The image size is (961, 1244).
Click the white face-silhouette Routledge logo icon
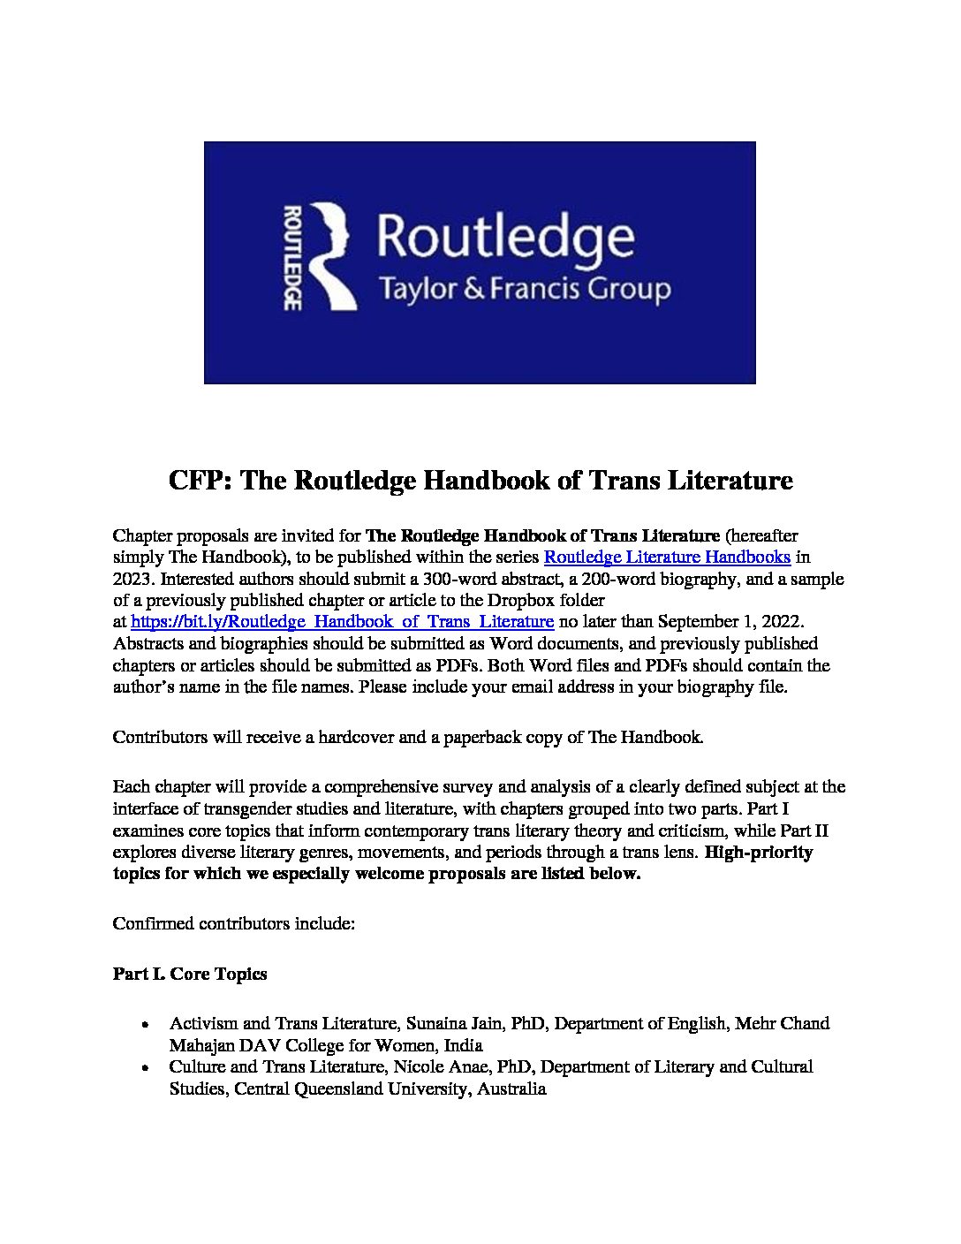331,256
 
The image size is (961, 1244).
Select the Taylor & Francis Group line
523,289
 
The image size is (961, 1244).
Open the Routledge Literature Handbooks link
667,557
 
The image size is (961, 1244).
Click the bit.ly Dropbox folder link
342,621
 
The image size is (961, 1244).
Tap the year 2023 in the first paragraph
132,579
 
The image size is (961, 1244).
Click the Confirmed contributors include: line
234,924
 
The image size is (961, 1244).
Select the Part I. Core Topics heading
190,974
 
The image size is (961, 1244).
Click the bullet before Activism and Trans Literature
144,1024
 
